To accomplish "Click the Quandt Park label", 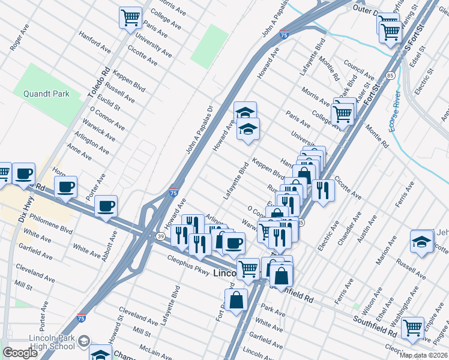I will pyautogui.click(x=46, y=94).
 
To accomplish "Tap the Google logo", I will pyautogui.click(x=20, y=353).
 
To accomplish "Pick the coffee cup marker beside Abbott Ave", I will pyautogui.click(x=106, y=206).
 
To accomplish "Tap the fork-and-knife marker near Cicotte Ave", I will pyautogui.click(x=323, y=190).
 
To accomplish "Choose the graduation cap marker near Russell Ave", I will pyautogui.click(x=422, y=242).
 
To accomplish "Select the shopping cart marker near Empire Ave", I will pyautogui.click(x=412, y=328).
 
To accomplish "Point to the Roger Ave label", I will pyautogui.click(x=19, y=38).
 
